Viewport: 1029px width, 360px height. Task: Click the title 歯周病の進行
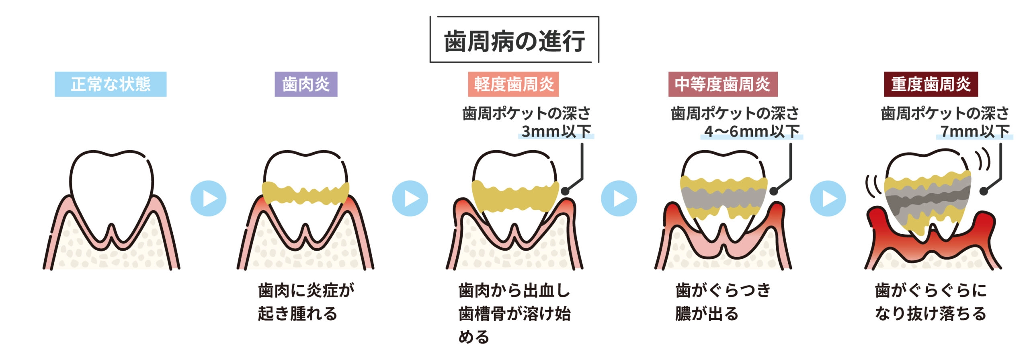coord(514,41)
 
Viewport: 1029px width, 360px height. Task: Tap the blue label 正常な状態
coord(111,84)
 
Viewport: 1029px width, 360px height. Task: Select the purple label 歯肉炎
coord(306,84)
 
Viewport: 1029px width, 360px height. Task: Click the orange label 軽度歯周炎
coord(513,84)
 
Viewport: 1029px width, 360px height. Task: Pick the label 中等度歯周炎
coord(722,84)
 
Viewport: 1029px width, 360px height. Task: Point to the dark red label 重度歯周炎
coord(931,84)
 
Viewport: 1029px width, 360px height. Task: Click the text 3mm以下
coord(556,131)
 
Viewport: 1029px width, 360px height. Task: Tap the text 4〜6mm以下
coord(752,131)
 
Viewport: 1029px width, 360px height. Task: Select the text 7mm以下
coord(975,131)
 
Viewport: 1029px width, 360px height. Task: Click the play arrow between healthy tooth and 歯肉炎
coord(208,198)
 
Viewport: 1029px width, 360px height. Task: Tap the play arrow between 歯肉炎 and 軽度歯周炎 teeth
coord(410,198)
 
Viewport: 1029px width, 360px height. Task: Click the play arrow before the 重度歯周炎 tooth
coord(828,198)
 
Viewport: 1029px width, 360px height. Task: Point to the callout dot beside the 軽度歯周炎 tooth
coord(565,191)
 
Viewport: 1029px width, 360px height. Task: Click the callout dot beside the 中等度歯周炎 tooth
coord(773,191)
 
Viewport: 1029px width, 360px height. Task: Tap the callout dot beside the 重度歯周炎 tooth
coord(983,191)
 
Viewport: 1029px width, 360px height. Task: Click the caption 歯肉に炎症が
coord(306,290)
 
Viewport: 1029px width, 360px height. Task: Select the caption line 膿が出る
coord(707,313)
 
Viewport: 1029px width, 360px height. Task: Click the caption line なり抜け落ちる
coord(931,313)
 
